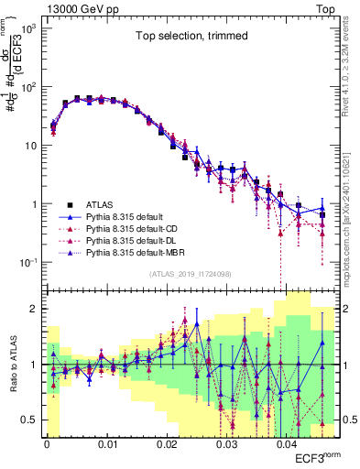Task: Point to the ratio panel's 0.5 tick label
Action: point(31,420)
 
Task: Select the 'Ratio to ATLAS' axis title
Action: point(12,365)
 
